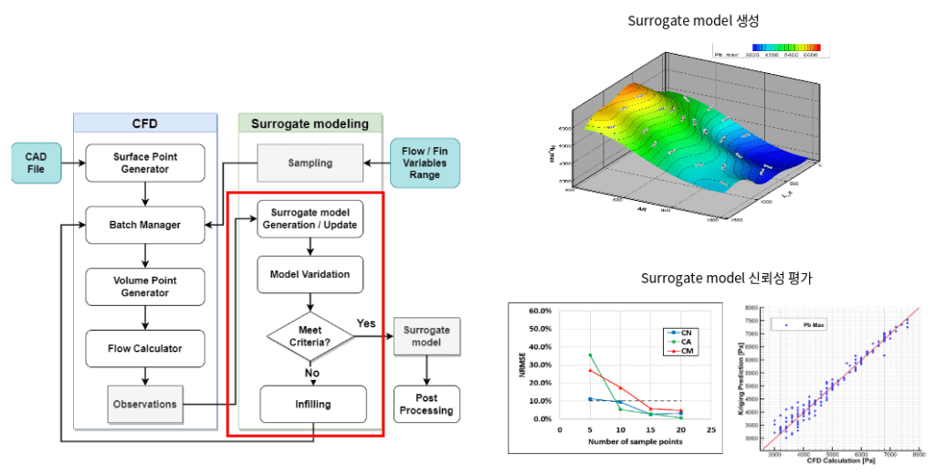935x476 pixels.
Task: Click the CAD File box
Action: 36,163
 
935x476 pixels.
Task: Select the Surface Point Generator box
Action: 145,163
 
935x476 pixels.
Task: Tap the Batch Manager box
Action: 145,225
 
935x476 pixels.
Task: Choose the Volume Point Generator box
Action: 145,286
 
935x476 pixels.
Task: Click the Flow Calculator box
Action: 145,348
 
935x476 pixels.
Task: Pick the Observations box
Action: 145,404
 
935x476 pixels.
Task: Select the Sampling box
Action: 310,164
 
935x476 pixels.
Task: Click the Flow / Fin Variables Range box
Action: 424,163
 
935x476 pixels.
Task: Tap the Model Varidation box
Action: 310,274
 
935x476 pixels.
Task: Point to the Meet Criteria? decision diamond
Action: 310,335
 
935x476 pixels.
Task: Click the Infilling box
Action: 313,403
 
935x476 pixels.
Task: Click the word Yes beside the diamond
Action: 366,323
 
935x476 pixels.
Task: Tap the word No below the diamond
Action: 310,372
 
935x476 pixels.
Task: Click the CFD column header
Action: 145,123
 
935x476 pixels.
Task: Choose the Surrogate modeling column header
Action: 310,123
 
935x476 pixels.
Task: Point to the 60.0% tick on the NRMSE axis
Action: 541,311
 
